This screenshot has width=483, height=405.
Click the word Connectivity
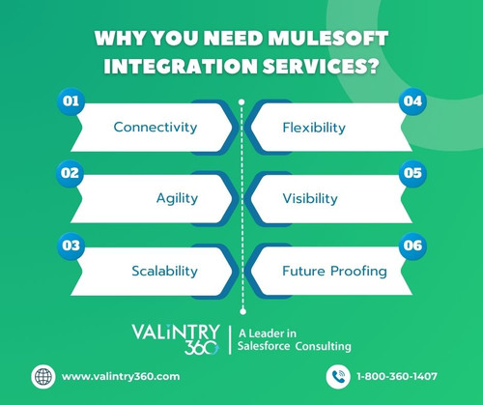point(156,127)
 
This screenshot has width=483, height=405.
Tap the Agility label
point(177,198)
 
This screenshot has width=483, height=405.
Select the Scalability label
point(164,271)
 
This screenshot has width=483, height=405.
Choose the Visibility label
point(310,198)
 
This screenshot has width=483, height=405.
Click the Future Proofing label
point(334,271)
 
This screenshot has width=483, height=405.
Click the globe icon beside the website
point(42,375)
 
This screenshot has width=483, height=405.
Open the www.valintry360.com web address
point(120,375)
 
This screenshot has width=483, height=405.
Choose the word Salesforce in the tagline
point(268,346)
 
